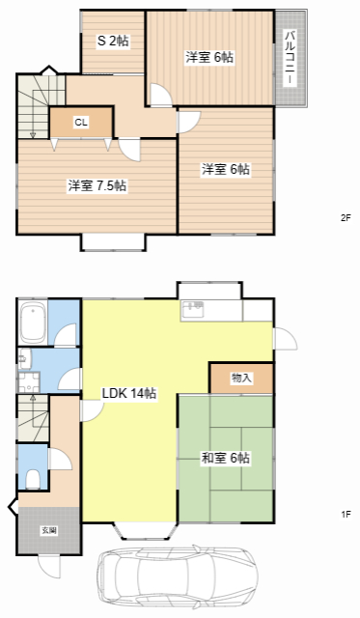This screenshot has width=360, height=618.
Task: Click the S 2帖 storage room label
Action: pos(113,42)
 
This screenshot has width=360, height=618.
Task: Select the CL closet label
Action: pos(81,122)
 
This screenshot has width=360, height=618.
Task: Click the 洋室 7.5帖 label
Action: pos(97,185)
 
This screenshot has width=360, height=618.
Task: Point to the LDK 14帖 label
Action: pos(129,393)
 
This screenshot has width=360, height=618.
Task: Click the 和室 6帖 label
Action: pos(226,458)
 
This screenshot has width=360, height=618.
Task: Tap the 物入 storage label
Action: pos(241,378)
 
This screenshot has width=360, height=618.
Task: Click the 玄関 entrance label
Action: pos(47,531)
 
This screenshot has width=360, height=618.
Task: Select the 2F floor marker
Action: pos(345,218)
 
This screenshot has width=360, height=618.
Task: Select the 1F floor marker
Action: pos(345,515)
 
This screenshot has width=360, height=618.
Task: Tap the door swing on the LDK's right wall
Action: pos(285,338)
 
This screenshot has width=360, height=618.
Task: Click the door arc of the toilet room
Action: pos(60,458)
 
